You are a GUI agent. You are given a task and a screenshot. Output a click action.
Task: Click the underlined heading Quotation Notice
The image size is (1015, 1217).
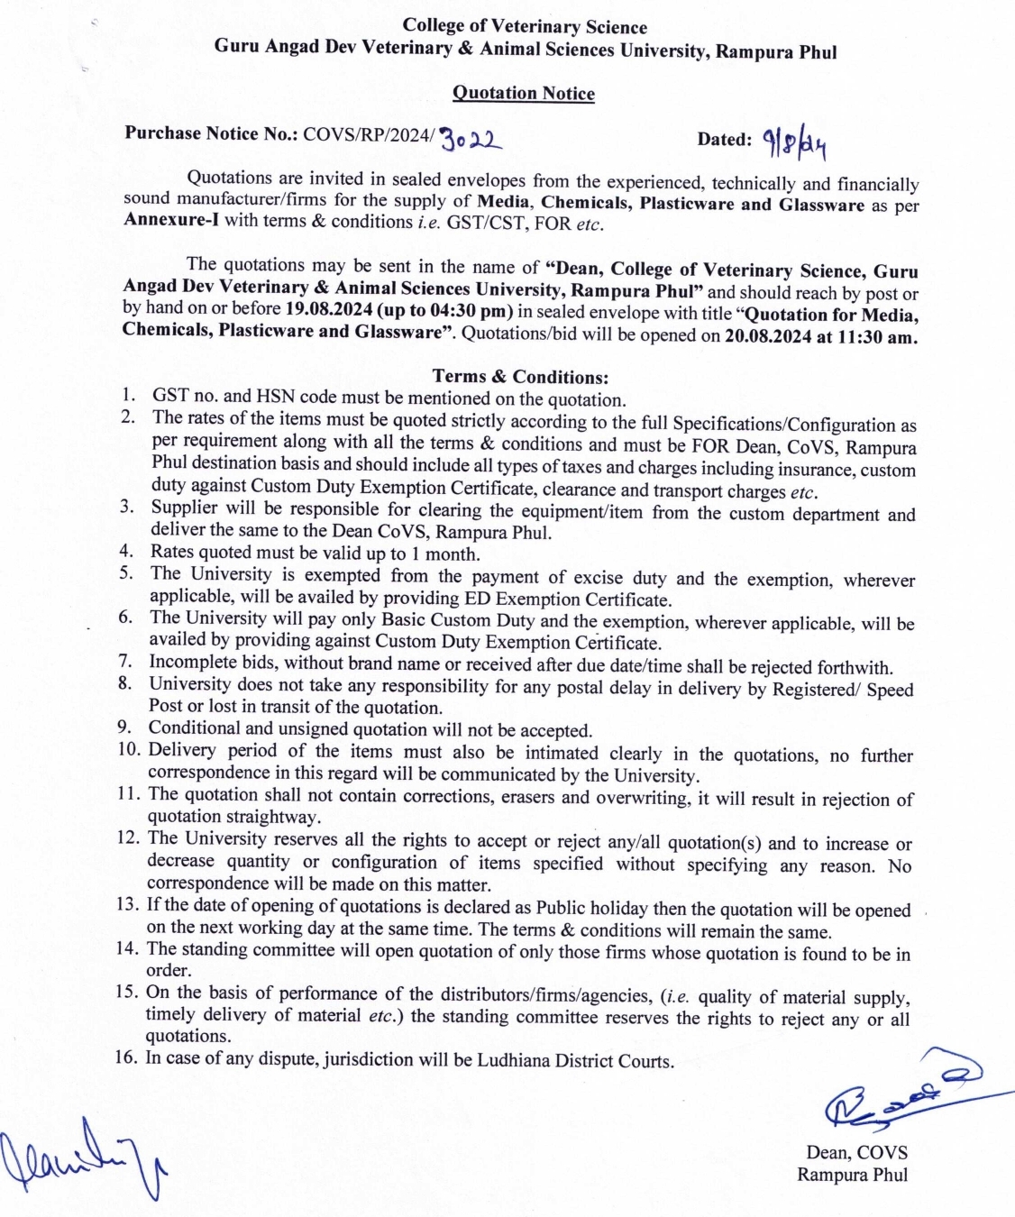click(523, 93)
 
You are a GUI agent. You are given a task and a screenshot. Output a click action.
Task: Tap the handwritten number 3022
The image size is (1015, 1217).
click(471, 139)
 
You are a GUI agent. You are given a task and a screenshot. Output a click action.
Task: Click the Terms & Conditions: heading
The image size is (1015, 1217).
click(520, 377)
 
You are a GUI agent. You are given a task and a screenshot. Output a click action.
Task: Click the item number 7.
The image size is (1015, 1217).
click(125, 661)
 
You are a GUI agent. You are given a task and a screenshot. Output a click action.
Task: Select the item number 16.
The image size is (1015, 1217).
click(125, 1057)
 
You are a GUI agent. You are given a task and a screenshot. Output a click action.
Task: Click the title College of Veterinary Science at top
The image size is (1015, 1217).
click(525, 26)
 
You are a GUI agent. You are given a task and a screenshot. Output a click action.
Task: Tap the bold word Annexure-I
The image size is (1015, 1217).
click(170, 221)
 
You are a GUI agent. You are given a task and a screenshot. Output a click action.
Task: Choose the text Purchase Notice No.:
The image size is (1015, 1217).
click(211, 133)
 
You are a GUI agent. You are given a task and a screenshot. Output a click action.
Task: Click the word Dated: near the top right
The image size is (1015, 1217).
click(724, 140)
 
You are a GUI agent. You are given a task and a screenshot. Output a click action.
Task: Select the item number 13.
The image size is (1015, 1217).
click(127, 904)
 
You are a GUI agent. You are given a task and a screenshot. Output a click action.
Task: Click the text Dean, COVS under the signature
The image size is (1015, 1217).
click(856, 1152)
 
